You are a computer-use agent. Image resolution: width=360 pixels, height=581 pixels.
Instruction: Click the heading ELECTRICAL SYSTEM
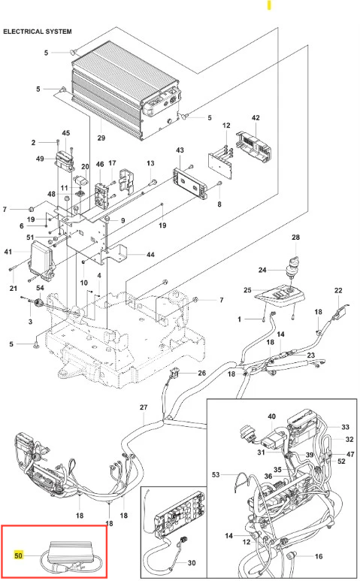38,32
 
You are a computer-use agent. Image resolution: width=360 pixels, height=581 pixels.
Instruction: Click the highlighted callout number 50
18,555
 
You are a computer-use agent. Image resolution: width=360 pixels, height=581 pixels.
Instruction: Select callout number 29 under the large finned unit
101,138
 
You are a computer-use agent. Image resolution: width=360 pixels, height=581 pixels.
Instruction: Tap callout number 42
256,118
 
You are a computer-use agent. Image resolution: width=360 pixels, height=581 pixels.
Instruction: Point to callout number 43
180,150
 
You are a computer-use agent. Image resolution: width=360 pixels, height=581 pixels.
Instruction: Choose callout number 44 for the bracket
150,255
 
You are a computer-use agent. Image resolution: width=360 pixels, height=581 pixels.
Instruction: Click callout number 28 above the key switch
295,238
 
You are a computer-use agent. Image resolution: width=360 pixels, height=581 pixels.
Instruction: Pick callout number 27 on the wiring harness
144,407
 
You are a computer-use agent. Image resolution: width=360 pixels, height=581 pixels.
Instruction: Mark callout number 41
8,252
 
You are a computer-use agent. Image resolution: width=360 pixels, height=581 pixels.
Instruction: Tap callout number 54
40,288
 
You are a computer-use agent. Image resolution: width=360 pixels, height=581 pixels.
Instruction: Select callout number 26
202,373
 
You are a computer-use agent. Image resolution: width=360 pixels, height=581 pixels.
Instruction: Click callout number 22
338,290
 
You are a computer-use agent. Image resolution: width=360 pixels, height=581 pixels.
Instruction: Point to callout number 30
192,563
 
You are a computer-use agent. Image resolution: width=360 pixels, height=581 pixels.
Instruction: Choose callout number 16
319,556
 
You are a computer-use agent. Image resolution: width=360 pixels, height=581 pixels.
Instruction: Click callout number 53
216,475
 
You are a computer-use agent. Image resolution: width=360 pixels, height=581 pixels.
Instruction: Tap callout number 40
272,416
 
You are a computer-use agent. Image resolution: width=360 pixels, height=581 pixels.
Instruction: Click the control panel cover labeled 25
280,295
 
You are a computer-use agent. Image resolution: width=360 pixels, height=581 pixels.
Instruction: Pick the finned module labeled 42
254,147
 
